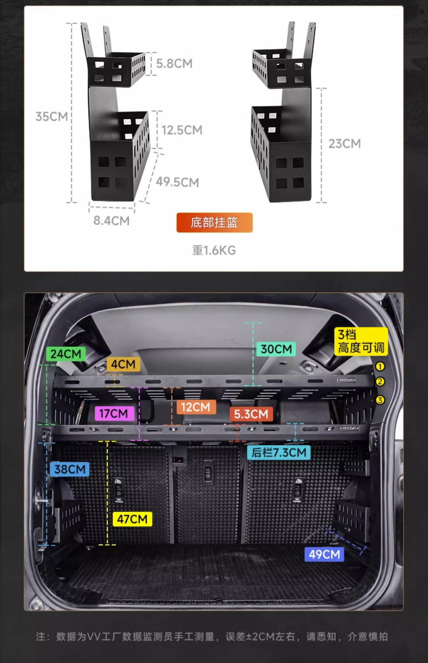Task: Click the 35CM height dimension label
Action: [x=52, y=116]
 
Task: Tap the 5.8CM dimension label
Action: [x=174, y=64]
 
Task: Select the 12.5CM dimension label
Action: [x=182, y=130]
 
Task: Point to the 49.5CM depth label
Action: [x=177, y=182]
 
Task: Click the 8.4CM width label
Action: [x=111, y=221]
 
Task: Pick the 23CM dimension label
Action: [x=344, y=144]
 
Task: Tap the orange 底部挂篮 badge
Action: [x=214, y=223]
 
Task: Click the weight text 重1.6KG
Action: [x=214, y=250]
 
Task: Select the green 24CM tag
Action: [x=66, y=354]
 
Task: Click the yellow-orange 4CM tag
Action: [x=123, y=364]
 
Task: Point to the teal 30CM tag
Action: [x=276, y=349]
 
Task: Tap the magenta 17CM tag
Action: [x=114, y=413]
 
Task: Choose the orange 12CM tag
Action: [x=195, y=407]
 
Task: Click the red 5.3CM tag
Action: [x=251, y=414]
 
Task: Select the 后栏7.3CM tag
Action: [x=279, y=452]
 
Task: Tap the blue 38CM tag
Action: [x=70, y=469]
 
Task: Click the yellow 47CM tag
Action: [x=132, y=519]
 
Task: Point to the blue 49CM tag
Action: [x=324, y=554]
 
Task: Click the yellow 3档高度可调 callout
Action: [x=361, y=341]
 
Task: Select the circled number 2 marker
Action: [x=380, y=382]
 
